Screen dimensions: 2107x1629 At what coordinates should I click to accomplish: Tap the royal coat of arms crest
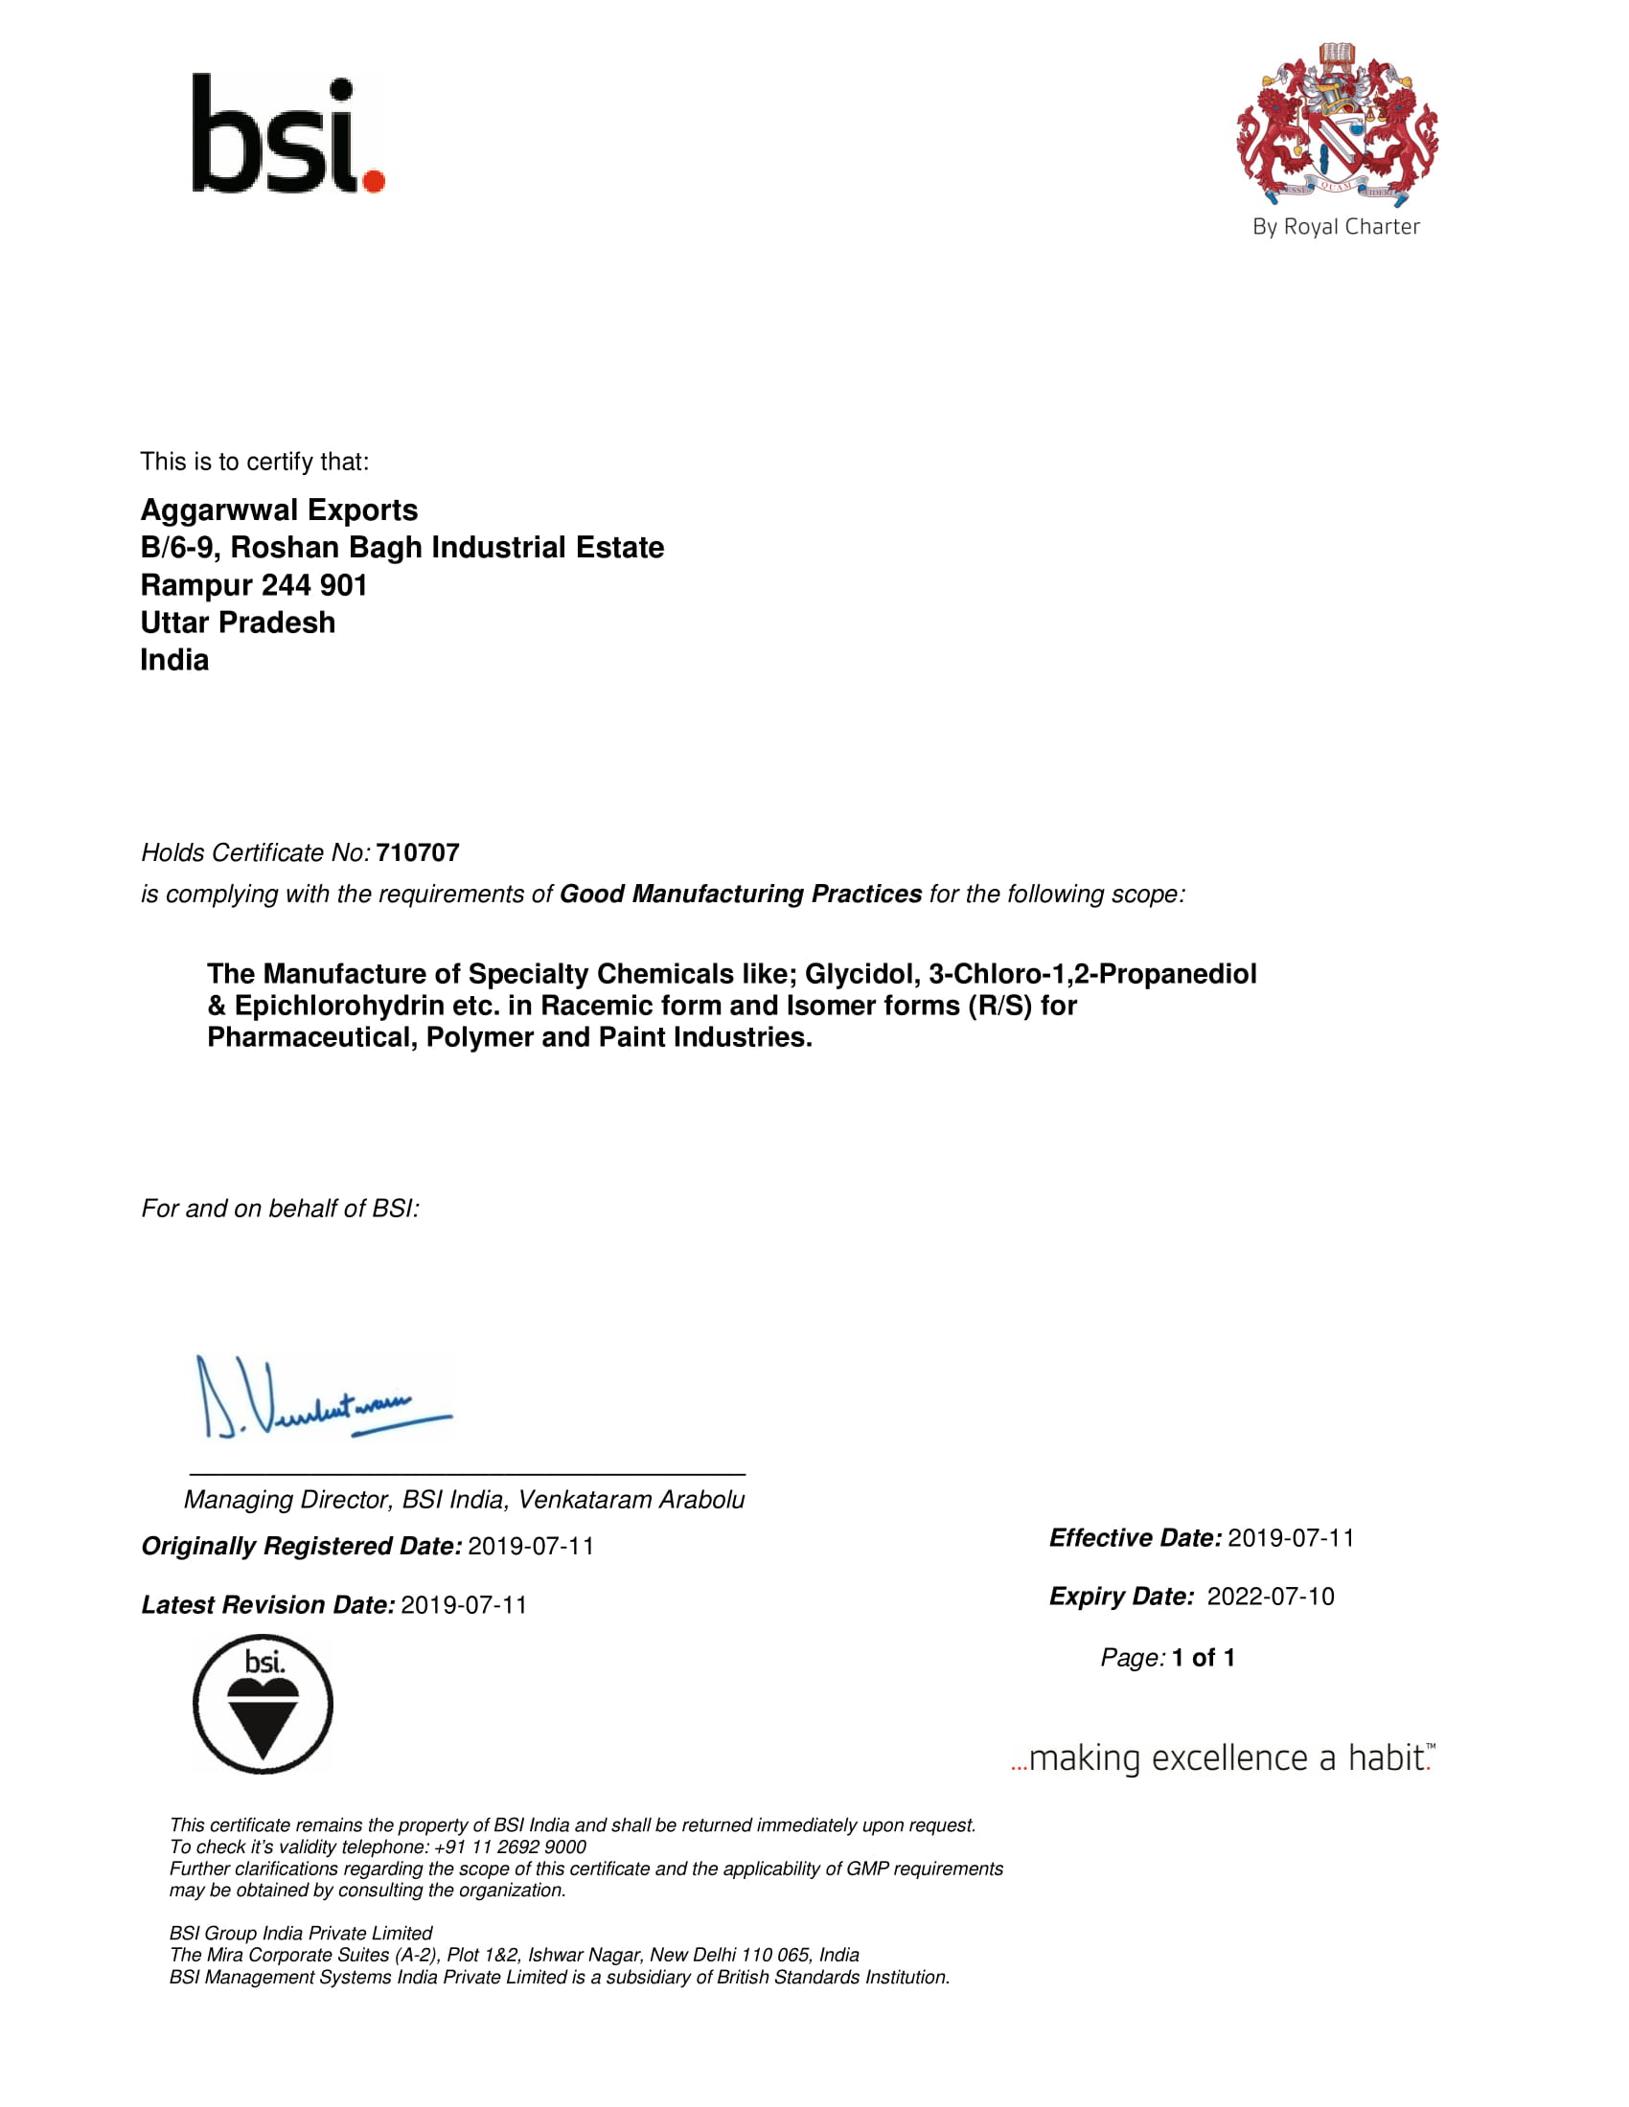coord(1337,124)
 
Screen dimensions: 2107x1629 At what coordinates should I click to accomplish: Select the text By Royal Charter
coord(1336,227)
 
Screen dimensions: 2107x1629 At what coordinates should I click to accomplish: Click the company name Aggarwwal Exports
coord(279,510)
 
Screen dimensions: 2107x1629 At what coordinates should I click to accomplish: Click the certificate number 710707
coord(417,852)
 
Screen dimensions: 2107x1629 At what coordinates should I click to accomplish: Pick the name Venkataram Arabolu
coord(631,1499)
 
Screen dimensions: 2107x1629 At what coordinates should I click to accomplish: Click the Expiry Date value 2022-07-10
coord(1270,1597)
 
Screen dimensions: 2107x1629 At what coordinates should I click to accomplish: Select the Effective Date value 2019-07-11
coord(1291,1538)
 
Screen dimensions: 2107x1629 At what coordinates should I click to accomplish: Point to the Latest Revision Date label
coord(267,1604)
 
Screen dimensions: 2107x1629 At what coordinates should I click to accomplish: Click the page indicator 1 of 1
coord(1203,1658)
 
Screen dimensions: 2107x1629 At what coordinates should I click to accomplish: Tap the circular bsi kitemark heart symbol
coord(263,1705)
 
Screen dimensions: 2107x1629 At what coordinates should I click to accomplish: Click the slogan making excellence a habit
coord(1224,1757)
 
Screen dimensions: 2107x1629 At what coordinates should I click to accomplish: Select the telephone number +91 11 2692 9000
coord(510,1846)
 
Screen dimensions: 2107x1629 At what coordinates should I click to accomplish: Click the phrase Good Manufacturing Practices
coord(740,895)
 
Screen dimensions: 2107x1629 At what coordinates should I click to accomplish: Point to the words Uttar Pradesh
coord(238,623)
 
